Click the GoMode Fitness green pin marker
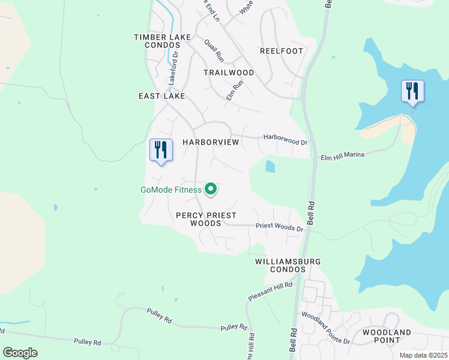pos(211,190)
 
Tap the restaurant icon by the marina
pos(412,91)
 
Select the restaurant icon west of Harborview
pos(161,150)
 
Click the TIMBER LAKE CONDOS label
pos(162,41)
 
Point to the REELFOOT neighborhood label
pos(282,51)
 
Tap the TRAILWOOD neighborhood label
pos(229,73)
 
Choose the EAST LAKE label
pos(161,96)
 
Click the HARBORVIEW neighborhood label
pos(211,142)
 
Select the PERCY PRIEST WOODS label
pos(206,219)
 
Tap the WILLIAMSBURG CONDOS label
pos(288,266)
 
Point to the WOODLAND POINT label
pos(387,336)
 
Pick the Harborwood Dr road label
pos(285,140)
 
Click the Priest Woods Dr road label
pos(279,227)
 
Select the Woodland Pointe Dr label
pos(325,328)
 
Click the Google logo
pos(20,353)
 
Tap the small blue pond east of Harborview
pos(270,166)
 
